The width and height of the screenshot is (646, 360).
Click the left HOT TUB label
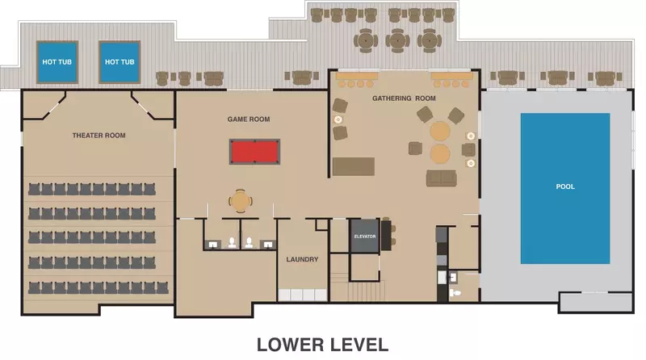point(57,62)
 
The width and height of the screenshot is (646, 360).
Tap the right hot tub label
point(120,62)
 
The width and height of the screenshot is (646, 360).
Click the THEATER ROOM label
point(99,136)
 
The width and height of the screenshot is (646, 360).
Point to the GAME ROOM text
point(249,119)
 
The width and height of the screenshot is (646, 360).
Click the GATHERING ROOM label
point(404,98)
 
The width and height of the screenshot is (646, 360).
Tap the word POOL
point(565,186)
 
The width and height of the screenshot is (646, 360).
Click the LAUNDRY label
point(302,259)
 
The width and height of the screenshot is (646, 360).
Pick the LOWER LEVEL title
point(322,344)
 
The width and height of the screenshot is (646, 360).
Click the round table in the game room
point(240,200)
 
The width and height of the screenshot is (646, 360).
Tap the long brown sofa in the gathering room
point(354,166)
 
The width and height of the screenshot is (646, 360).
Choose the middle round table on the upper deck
point(397,38)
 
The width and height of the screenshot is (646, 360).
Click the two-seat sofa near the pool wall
point(441,178)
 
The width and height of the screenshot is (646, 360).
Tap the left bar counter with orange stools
point(356,81)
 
